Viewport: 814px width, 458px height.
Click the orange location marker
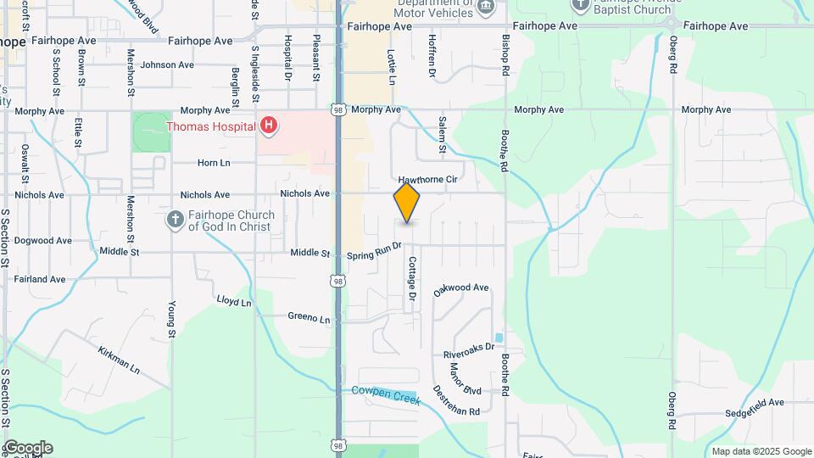pyautogui.click(x=407, y=203)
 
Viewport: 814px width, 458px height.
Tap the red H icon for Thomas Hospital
pyautogui.click(x=269, y=126)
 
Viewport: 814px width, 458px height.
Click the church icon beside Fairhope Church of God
pyautogui.click(x=176, y=221)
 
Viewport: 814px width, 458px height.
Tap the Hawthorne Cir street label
pyautogui.click(x=427, y=180)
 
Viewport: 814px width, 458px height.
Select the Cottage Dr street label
pyautogui.click(x=412, y=279)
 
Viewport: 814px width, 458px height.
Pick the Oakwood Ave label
pyautogui.click(x=461, y=289)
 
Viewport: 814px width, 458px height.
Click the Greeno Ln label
pyautogui.click(x=309, y=318)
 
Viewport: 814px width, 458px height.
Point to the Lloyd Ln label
pyautogui.click(x=234, y=301)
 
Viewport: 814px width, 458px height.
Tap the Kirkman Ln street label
pyautogui.click(x=118, y=360)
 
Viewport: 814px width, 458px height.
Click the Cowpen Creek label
pyautogui.click(x=386, y=391)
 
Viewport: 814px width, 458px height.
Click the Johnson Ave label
pyautogui.click(x=167, y=64)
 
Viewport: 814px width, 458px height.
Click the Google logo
pyautogui.click(x=27, y=448)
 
